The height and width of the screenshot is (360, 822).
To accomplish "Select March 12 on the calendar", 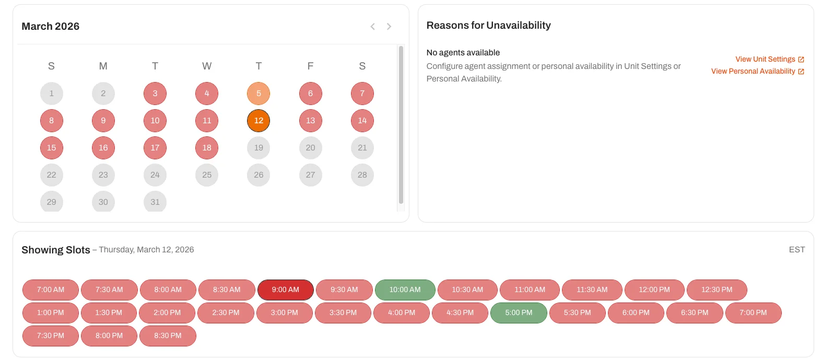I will (259, 121).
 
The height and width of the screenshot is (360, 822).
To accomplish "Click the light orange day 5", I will (259, 94).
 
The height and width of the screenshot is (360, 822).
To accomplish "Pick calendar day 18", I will (207, 148).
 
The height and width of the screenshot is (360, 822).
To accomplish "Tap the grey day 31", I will (155, 202).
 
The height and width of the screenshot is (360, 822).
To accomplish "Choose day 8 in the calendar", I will (51, 121).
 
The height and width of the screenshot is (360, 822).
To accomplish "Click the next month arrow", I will (389, 27).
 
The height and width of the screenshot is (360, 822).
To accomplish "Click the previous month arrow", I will (372, 27).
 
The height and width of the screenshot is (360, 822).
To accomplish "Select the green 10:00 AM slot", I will (405, 290).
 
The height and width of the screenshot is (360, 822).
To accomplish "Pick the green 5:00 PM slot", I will (519, 313).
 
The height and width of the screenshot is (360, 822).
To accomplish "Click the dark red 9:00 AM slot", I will (285, 290).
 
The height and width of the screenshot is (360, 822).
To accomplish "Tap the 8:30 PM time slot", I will (168, 336).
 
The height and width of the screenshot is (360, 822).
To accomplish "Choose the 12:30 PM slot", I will (717, 290).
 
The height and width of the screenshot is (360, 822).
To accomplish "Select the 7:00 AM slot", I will (51, 290).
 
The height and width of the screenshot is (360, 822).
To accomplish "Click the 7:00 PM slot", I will (753, 313).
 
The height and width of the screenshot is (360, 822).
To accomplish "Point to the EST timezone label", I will (796, 250).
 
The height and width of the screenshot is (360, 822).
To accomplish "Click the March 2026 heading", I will (51, 27).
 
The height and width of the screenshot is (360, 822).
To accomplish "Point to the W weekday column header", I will (207, 66).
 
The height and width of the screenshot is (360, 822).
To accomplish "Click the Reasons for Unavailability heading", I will (488, 26).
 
